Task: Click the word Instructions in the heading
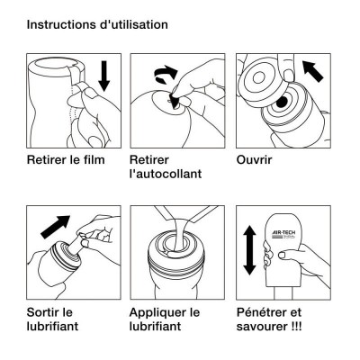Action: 61,24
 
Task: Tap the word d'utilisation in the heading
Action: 133,24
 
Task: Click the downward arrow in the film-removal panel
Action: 104,76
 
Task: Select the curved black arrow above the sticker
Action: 166,75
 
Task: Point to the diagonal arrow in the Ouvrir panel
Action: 313,71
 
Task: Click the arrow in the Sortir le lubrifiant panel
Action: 55,227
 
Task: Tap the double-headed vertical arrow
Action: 249,251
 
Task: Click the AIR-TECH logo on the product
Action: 283,234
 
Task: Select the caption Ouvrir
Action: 254,160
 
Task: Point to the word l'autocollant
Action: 166,174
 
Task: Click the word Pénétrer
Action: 259,312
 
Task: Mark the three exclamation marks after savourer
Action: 296,327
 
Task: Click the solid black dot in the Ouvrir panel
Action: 282,103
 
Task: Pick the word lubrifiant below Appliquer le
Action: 156,327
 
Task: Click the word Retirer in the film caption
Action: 46,160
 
